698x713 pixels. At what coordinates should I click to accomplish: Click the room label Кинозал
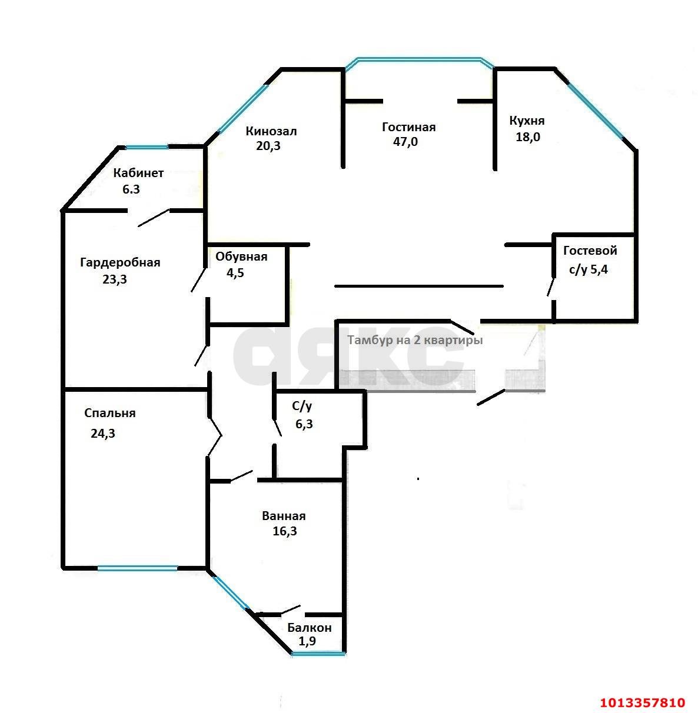[271, 131]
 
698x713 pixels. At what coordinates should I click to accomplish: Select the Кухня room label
[526, 121]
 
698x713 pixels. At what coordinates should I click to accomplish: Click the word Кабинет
[138, 174]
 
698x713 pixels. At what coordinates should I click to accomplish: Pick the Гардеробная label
[120, 262]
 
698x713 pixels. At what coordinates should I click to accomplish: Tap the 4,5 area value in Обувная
[235, 273]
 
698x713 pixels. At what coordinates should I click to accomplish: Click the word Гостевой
[590, 251]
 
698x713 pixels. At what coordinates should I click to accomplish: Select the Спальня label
[109, 413]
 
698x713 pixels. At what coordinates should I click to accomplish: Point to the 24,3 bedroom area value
[102, 434]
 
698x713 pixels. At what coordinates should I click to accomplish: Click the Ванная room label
[284, 516]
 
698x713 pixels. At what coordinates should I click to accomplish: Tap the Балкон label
[309, 628]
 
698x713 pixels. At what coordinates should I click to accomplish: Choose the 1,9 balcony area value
[307, 641]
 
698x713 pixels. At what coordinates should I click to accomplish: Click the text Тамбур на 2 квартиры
[414, 341]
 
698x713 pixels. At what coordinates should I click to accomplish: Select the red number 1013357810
[642, 702]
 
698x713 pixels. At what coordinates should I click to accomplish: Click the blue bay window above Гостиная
[419, 59]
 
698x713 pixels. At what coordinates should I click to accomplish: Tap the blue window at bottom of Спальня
[137, 568]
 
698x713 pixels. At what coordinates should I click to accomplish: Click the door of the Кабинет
[153, 218]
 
